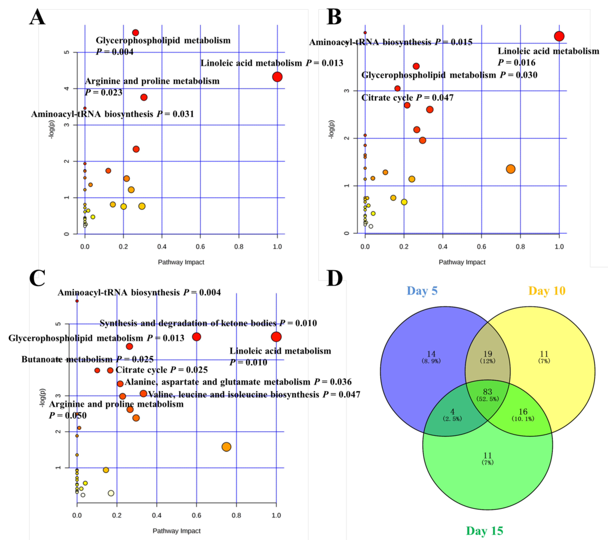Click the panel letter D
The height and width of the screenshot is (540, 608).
tap(334, 278)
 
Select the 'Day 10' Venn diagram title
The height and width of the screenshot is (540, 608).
tap(546, 291)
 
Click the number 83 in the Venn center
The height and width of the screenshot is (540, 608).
tap(487, 392)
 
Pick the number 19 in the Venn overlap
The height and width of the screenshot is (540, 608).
tap(487, 354)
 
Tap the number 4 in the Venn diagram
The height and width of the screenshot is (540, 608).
tap(452, 412)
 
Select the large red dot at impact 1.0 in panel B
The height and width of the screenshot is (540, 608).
tap(559, 36)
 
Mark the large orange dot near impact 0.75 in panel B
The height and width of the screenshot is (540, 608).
tap(510, 169)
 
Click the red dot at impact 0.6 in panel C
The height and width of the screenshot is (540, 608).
tap(196, 337)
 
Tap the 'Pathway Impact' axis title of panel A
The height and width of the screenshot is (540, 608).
tap(181, 262)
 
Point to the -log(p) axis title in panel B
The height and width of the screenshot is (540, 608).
tap(331, 129)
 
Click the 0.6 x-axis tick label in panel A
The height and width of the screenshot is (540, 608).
tap(200, 247)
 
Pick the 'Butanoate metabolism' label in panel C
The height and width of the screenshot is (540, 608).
tap(67, 359)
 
